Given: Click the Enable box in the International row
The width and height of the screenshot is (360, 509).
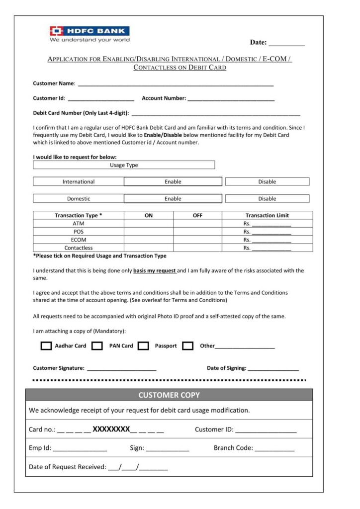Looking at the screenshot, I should [173, 182].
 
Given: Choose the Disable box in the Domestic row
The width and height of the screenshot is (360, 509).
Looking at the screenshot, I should [267, 199].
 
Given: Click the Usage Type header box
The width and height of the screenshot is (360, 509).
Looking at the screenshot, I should [124, 165].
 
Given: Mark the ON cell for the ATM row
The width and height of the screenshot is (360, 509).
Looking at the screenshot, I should [148, 224].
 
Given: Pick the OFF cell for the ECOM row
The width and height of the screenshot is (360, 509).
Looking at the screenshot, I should [197, 240].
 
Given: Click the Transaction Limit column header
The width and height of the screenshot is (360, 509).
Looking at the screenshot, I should [267, 216].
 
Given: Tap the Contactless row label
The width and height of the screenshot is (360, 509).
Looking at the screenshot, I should [79, 248].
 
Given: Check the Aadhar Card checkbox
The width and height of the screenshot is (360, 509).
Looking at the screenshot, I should [46, 346].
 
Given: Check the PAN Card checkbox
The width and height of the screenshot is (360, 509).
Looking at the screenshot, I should [97, 346].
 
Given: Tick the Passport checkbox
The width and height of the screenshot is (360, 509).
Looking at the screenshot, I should [143, 346].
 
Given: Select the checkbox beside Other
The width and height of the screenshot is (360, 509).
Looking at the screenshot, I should [187, 346].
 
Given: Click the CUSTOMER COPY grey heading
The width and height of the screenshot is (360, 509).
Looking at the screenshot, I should [169, 395].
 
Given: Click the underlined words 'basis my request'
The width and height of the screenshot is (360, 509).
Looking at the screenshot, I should [155, 271].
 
